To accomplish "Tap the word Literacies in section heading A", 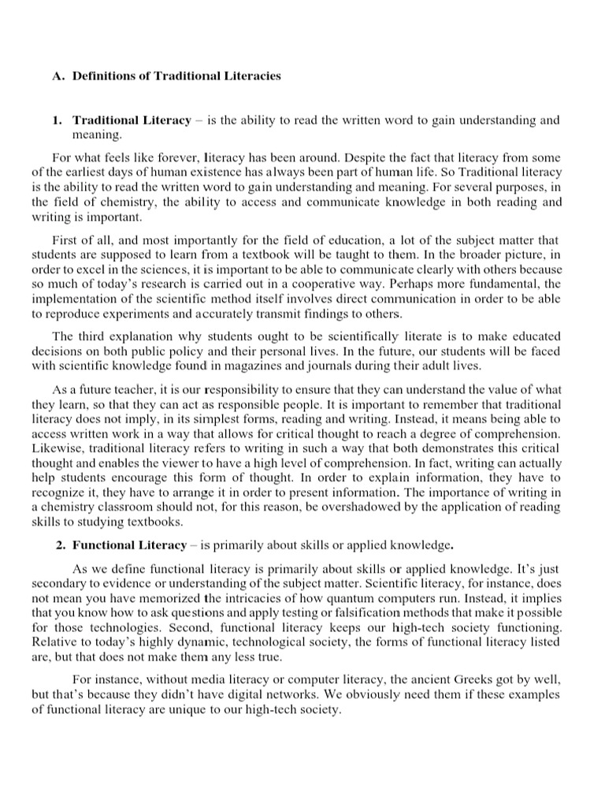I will click(x=251, y=76).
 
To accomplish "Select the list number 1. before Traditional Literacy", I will click(x=58, y=121).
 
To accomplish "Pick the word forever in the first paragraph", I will click(x=149, y=156).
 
